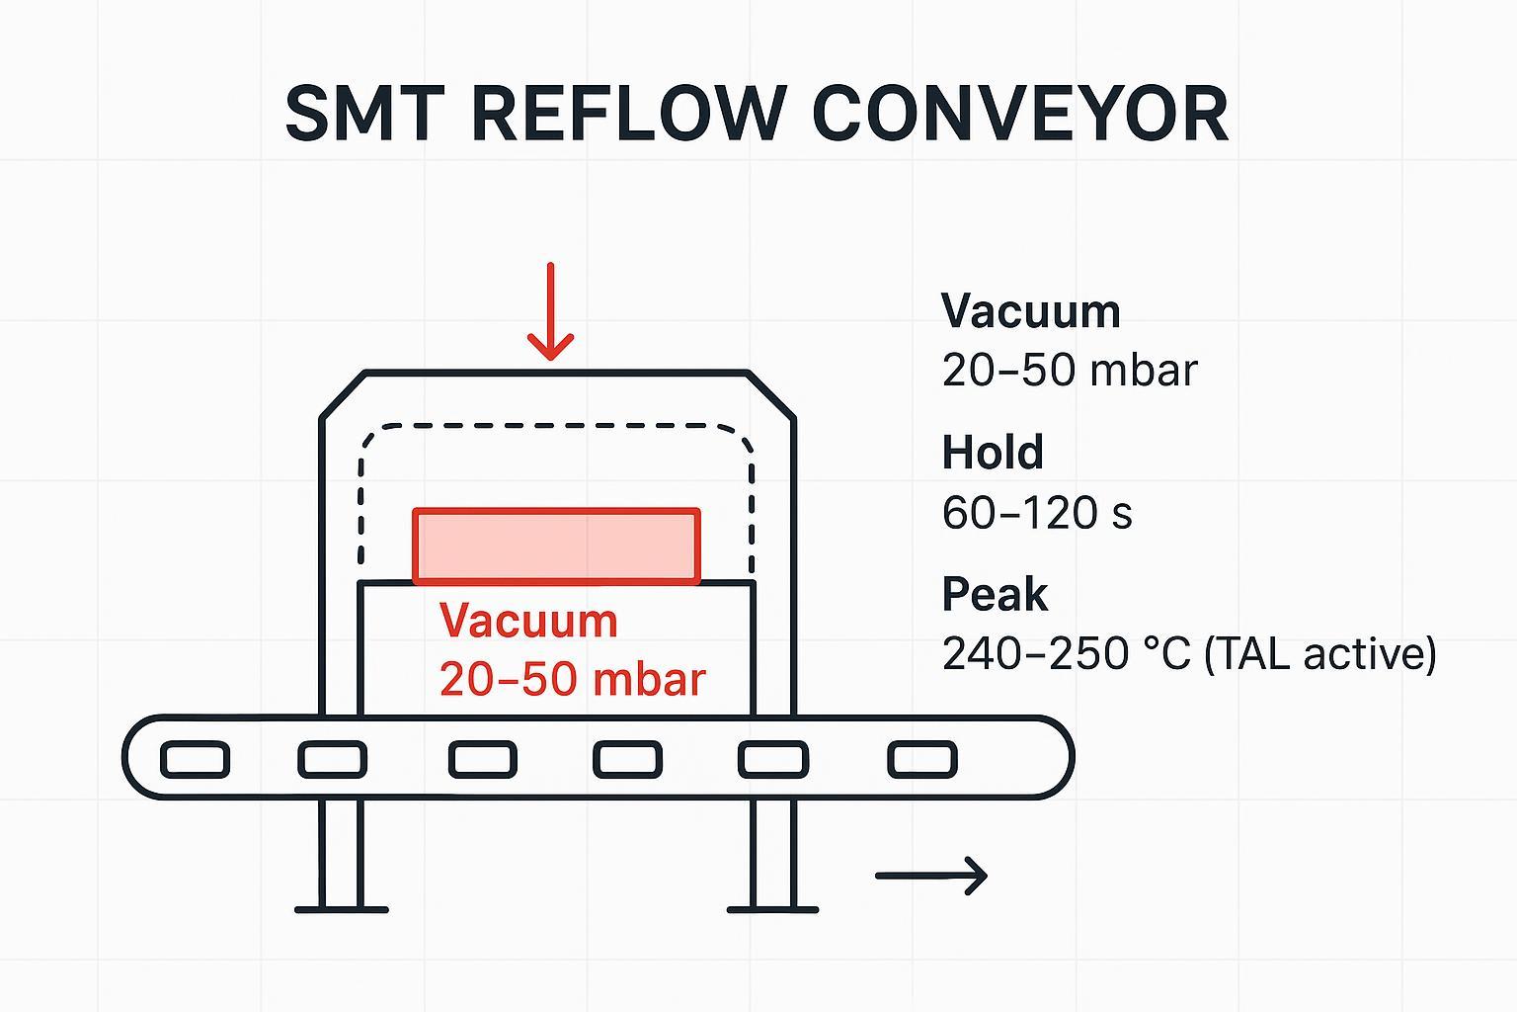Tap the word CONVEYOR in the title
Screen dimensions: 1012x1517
click(1020, 114)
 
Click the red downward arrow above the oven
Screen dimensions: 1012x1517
click(550, 311)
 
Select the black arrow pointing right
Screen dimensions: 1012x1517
click(930, 875)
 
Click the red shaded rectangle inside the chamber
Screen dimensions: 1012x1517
click(557, 546)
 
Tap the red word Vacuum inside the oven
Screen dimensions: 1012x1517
click(528, 621)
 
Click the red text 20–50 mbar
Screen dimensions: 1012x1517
click(573, 679)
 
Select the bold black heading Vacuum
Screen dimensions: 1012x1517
click(1030, 311)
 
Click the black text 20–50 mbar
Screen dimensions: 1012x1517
click(1069, 371)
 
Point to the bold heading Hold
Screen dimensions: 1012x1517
click(992, 453)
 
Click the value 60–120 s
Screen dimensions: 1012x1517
click(1036, 513)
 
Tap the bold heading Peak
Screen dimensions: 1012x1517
click(994, 595)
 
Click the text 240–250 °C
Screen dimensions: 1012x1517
click(1066, 654)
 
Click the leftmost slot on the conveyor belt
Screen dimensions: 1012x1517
click(195, 760)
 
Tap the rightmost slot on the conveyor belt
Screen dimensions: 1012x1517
click(921, 760)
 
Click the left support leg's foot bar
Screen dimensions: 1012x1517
click(342, 909)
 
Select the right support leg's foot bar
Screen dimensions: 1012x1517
click(772, 909)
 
